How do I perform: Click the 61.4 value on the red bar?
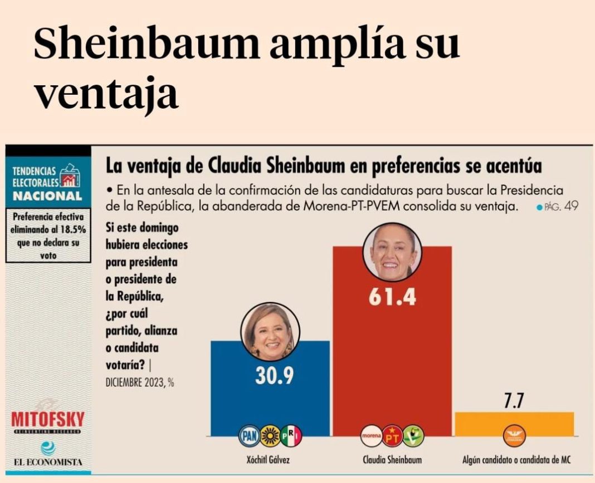click(392, 297)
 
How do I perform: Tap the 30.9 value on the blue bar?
click(275, 377)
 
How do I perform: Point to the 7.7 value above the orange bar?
click(515, 401)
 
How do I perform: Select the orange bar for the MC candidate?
click(514, 423)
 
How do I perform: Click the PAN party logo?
click(250, 436)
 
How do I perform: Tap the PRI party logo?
click(291, 436)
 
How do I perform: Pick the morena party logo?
click(371, 436)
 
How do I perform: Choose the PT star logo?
click(392, 436)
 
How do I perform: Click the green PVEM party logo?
click(413, 436)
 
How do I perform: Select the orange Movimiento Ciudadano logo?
click(514, 436)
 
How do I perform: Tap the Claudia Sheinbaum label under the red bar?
click(392, 460)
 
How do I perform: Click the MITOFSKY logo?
click(48, 419)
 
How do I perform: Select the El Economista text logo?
click(48, 462)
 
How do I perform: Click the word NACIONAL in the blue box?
click(47, 196)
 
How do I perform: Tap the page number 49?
click(571, 206)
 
